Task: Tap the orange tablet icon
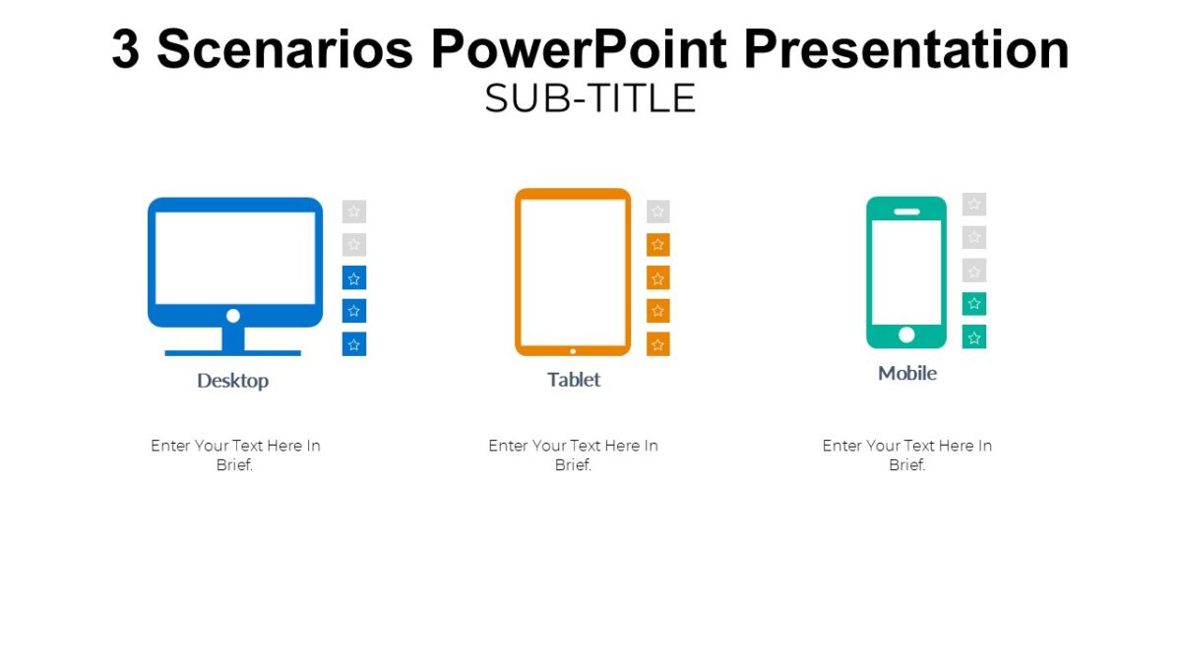click(x=573, y=271)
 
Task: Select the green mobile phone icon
click(x=906, y=272)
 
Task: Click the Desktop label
click(x=232, y=381)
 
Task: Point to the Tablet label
click(x=574, y=380)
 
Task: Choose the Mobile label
click(x=907, y=374)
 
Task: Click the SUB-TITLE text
click(x=590, y=98)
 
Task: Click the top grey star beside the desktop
click(x=354, y=211)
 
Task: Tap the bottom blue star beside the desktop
click(x=354, y=344)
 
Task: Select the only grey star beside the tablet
click(x=658, y=211)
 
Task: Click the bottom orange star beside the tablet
click(x=658, y=344)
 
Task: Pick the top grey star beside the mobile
click(x=974, y=205)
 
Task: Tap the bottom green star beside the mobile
click(x=974, y=337)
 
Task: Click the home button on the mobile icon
click(x=906, y=334)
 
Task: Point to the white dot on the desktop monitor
click(x=233, y=316)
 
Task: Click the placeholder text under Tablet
click(x=573, y=455)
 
